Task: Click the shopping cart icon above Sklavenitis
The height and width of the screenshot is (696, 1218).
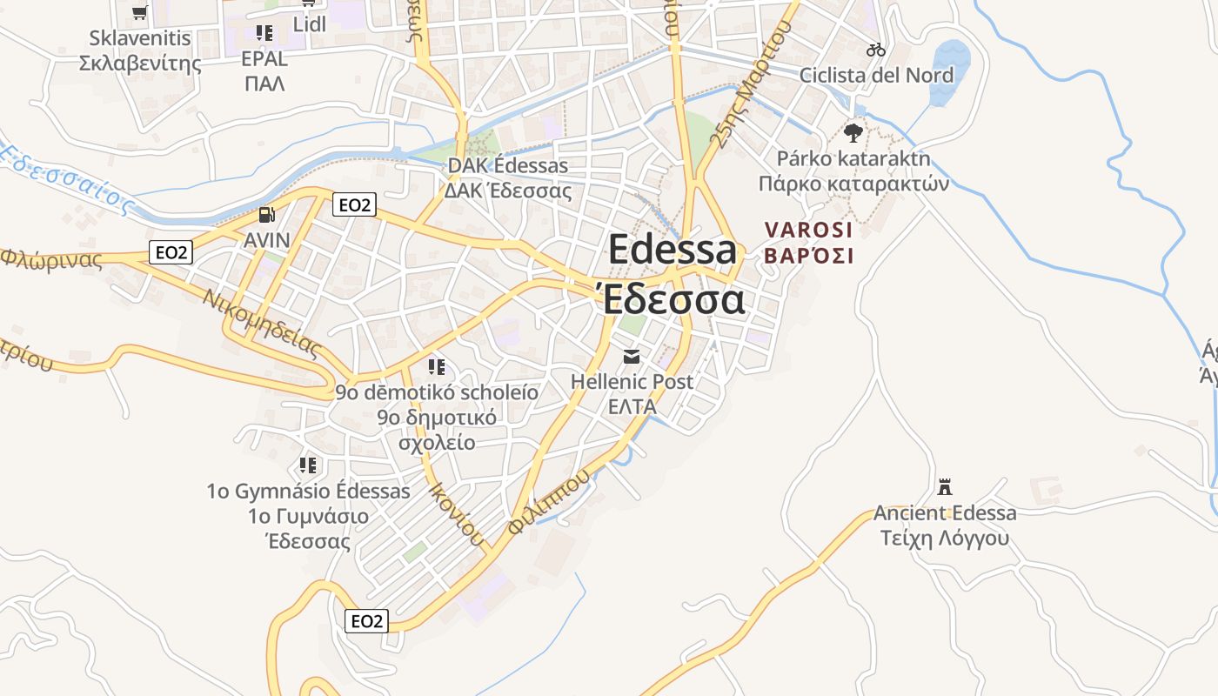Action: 139,12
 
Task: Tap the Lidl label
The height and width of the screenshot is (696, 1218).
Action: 310,24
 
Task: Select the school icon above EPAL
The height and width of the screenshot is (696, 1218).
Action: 264,34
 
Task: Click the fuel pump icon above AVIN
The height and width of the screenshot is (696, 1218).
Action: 267,215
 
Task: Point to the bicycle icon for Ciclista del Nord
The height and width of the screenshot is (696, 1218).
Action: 876,50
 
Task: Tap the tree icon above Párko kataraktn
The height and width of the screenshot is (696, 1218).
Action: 853,133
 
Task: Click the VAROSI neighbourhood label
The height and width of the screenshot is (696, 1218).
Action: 808,230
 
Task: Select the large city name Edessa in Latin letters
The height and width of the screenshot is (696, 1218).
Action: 672,250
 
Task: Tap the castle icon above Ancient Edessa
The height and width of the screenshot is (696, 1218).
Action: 945,487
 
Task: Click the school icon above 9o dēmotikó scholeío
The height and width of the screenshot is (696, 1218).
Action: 437,367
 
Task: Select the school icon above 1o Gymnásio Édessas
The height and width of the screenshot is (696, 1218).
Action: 308,465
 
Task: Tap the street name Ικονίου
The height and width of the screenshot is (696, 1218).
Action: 456,513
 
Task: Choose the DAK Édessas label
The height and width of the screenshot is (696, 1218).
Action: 507,165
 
